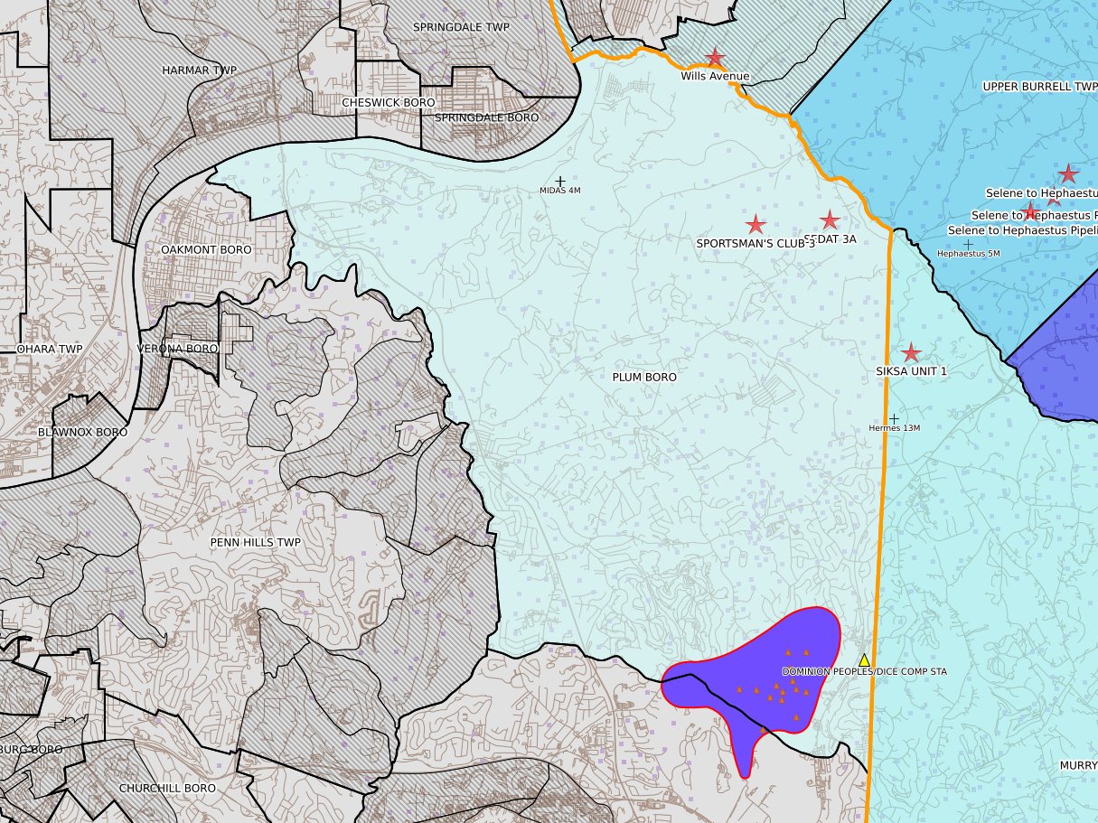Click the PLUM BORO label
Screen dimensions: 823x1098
point(644,377)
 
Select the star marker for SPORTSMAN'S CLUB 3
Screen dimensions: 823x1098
point(755,224)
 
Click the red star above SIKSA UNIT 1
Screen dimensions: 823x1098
point(911,353)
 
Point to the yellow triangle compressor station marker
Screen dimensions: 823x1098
point(864,660)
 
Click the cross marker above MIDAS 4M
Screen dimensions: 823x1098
point(560,182)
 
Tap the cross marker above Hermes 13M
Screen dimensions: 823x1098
point(894,419)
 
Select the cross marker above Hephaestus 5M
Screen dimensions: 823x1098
point(969,244)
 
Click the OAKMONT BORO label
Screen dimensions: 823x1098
point(206,249)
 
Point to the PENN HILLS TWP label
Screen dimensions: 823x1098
point(255,542)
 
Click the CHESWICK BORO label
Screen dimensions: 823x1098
point(388,103)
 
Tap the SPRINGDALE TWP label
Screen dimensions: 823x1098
point(461,27)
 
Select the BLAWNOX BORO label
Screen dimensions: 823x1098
point(83,432)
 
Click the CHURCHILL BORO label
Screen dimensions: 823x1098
point(167,788)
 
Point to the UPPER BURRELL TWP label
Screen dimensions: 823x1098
point(1039,86)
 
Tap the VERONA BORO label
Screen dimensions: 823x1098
point(177,348)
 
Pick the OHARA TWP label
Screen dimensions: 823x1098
point(50,348)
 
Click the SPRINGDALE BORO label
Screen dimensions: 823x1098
point(486,117)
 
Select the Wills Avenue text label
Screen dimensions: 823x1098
point(715,77)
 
